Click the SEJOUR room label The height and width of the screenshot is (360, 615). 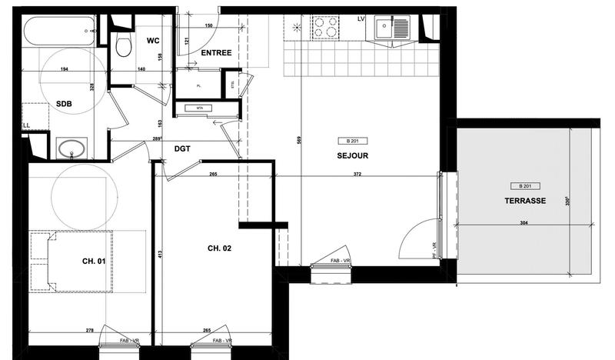pos(353,155)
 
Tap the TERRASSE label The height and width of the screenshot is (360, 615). pos(525,200)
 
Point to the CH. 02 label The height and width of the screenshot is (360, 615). pos(220,248)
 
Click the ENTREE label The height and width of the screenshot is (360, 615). pos(217,53)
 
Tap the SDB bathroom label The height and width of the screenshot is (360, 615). pos(65,105)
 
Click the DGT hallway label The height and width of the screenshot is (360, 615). pos(183,148)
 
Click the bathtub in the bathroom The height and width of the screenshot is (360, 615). pos(58,33)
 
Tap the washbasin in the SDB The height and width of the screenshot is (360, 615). pos(71,148)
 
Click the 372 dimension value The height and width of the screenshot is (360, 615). pos(356,175)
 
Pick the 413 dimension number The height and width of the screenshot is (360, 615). pos(160,254)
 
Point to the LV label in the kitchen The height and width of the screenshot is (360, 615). pos(362,18)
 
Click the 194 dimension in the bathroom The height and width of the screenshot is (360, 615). pos(66,70)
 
